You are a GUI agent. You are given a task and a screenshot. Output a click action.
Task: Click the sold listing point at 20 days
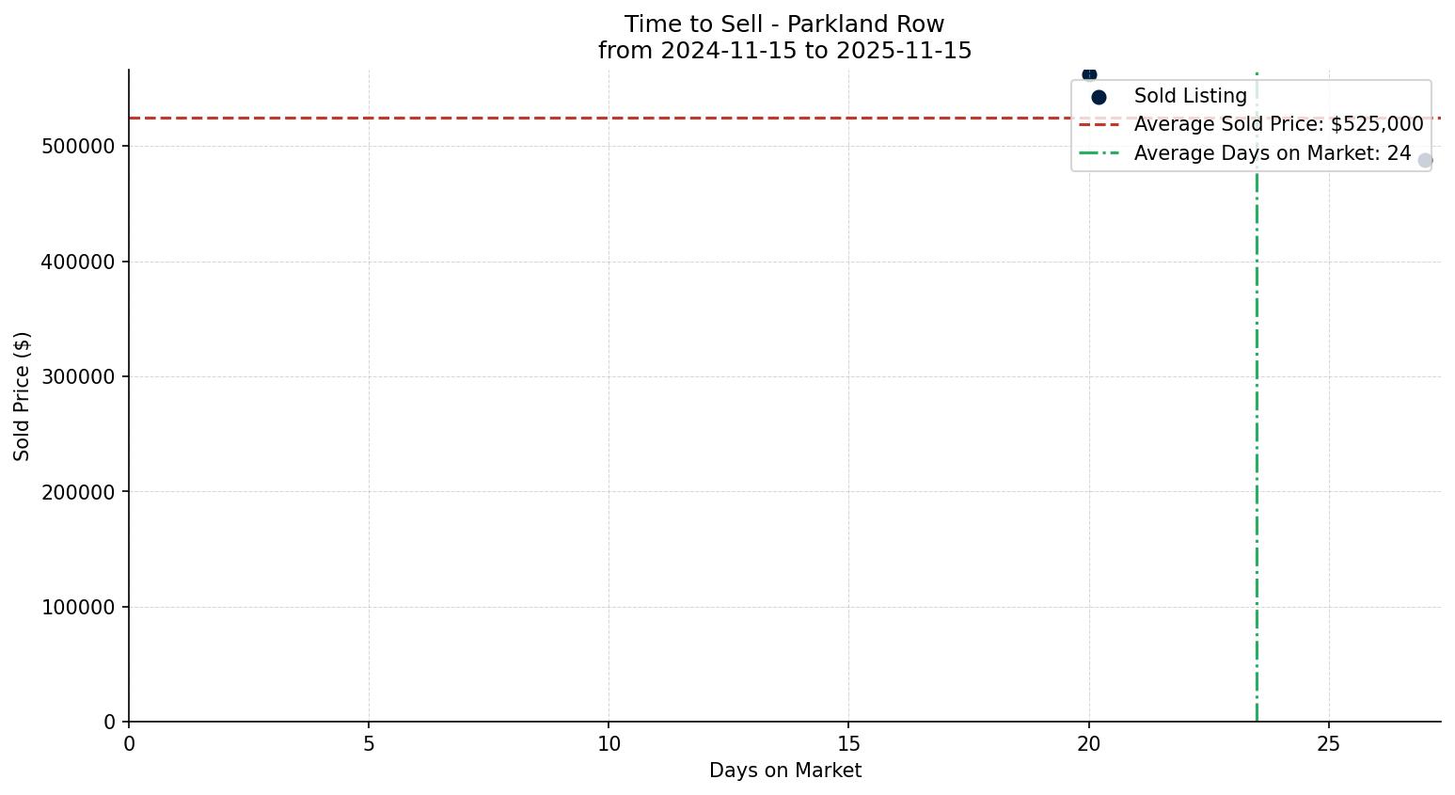click(x=1089, y=74)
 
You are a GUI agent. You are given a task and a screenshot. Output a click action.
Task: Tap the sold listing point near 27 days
click(x=1425, y=161)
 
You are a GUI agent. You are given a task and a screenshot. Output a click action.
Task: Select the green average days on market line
click(x=1257, y=423)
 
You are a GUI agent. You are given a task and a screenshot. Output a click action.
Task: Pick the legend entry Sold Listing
click(x=1190, y=96)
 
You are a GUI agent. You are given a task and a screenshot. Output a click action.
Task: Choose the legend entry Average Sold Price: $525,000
click(x=1278, y=124)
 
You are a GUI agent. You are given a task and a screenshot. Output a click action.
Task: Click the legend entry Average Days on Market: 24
click(x=1272, y=153)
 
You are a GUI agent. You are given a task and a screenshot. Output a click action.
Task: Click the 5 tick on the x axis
click(x=369, y=744)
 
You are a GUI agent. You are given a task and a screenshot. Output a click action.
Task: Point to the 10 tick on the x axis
click(x=609, y=744)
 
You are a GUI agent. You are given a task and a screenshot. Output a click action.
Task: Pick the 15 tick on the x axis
click(x=848, y=744)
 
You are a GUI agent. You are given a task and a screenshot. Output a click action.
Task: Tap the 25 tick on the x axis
click(x=1328, y=744)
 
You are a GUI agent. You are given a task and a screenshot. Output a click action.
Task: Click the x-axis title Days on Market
click(x=784, y=771)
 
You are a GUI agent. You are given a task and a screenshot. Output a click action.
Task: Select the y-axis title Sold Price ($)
click(x=23, y=396)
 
